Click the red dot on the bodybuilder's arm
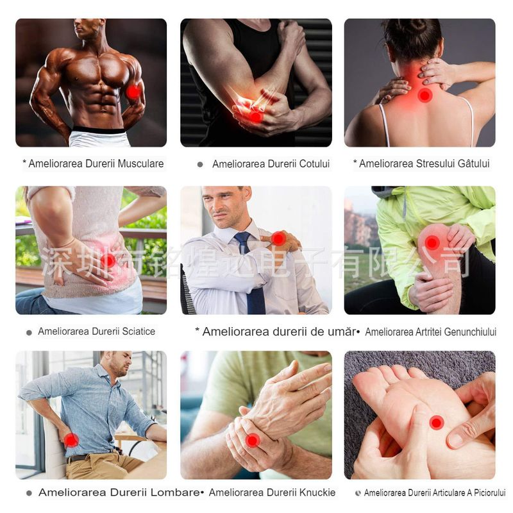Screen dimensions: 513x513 (133, 92)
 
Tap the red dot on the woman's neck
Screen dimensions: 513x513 (425, 95)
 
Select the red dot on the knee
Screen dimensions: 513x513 (432, 242)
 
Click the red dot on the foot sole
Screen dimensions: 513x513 (436, 423)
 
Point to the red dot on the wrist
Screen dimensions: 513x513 (253, 440)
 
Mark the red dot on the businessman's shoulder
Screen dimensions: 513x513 (278, 239)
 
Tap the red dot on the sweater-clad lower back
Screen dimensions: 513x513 (108, 260)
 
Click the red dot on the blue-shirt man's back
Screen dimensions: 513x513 (71, 440)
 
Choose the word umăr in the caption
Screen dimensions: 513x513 (340, 332)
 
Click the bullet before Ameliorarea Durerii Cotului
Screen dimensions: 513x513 (200, 165)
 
